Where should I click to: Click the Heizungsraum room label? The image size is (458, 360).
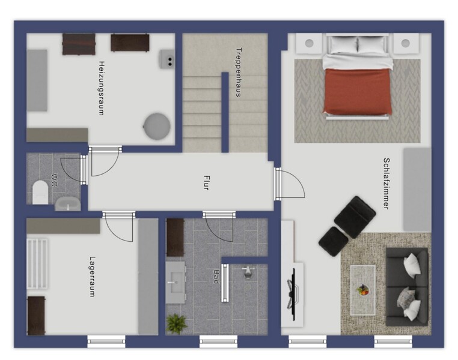point(101,88)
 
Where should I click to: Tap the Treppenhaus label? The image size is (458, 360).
point(239,72)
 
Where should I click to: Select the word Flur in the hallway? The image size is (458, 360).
point(206,183)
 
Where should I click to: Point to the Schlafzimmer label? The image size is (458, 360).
point(386,184)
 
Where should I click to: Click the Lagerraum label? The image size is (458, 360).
point(93,277)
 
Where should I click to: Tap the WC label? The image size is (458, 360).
point(54,180)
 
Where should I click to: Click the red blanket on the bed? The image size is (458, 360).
point(357,91)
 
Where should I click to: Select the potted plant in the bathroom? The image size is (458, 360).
point(177,323)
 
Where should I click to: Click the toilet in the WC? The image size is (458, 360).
point(40,192)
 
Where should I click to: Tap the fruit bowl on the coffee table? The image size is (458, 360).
point(362,290)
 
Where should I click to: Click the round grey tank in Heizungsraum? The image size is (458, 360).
point(157,126)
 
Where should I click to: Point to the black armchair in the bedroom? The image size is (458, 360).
point(355,217)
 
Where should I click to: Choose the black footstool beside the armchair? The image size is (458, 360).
point(333,242)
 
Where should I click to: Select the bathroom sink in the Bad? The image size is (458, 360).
point(176,282)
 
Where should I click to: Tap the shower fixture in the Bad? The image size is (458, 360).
point(248,272)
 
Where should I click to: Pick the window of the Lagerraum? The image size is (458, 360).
point(106,341)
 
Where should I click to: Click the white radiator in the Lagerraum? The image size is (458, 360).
point(37,264)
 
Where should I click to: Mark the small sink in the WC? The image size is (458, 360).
point(68,204)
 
